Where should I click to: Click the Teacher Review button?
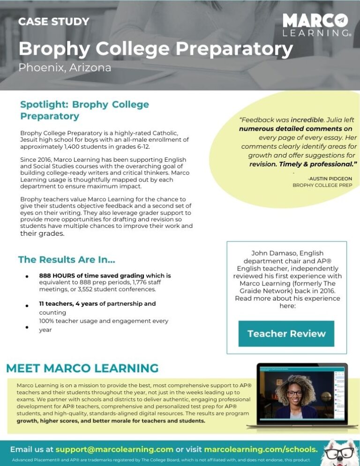[286, 334]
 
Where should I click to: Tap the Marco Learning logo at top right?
[316, 25]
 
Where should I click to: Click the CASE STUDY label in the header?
[53, 22]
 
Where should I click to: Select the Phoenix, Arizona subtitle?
[65, 68]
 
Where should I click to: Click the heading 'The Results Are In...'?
[67, 259]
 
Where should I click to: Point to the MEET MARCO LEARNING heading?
[82, 368]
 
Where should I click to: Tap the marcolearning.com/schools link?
[261, 449]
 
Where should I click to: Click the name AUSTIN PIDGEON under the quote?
[330, 179]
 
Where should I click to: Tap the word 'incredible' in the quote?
[308, 120]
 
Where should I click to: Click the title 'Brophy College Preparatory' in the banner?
[156, 49]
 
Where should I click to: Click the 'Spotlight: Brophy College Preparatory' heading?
[84, 110]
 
